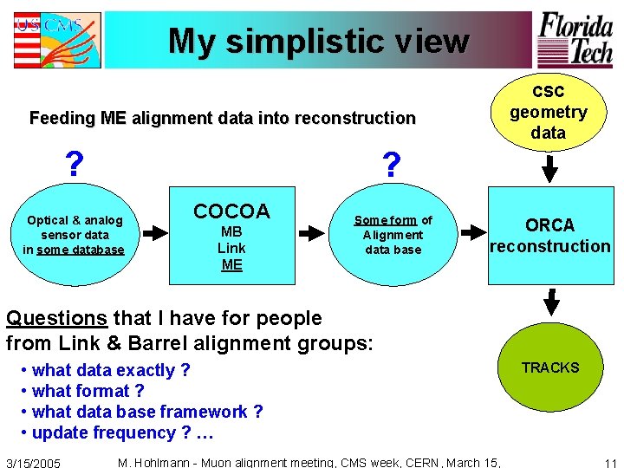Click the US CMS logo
pyautogui.click(x=56, y=40)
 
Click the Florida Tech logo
pyautogui.click(x=576, y=39)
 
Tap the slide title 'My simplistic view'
pyautogui.click(x=318, y=41)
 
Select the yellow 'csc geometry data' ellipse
pyautogui.click(x=548, y=112)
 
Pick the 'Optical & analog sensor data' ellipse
pyautogui.click(x=74, y=235)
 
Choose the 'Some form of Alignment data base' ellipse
pyautogui.click(x=393, y=235)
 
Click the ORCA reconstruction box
pyautogui.click(x=549, y=235)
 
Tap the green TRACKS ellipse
pyautogui.click(x=549, y=367)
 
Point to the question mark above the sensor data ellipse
pyautogui.click(x=75, y=163)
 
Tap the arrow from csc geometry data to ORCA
pyautogui.click(x=549, y=166)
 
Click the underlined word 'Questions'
pyautogui.click(x=55, y=318)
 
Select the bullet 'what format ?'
pyautogui.click(x=88, y=391)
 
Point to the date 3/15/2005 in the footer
pyautogui.click(x=34, y=463)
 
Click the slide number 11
pyautogui.click(x=610, y=462)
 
